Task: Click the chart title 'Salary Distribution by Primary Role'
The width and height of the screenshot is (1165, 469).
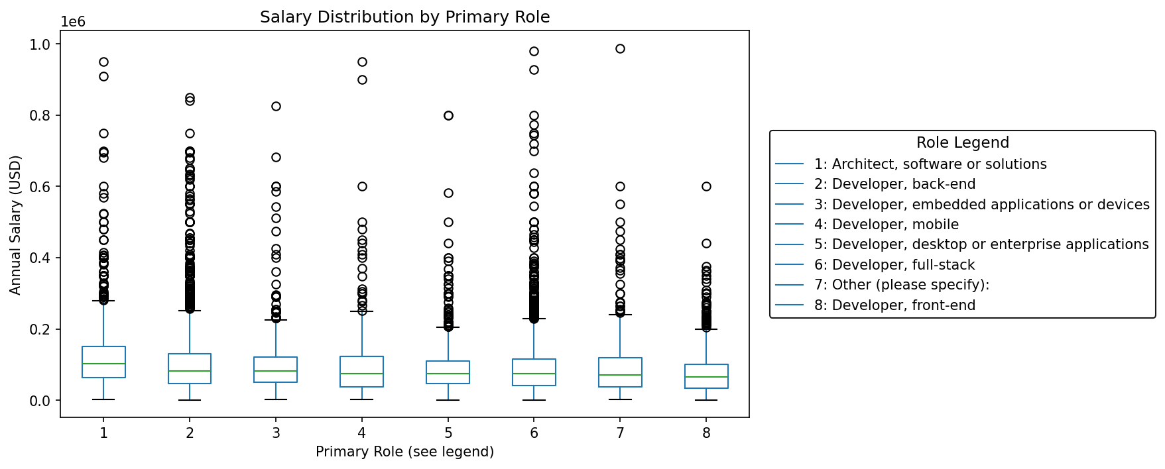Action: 404,17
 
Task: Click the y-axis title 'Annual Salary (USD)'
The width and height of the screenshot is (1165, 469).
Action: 16,225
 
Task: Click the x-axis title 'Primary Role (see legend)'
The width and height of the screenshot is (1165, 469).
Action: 404,452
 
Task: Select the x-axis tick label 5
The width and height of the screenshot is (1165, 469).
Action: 448,433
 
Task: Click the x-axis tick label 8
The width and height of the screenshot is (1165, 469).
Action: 706,433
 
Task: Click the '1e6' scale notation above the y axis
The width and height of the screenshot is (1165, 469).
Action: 73,22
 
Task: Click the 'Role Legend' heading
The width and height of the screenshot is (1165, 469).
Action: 962,143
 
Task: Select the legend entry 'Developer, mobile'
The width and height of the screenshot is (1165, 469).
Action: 886,225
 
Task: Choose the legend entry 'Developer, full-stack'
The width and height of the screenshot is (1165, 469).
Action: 894,265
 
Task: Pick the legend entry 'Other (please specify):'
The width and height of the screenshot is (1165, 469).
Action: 901,285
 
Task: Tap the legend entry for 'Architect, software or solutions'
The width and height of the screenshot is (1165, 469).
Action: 930,164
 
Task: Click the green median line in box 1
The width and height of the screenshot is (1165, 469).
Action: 103,364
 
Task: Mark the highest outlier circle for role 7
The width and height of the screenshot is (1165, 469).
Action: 620,48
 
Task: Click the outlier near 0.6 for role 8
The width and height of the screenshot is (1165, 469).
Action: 706,186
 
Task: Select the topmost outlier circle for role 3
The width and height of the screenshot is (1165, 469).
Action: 276,106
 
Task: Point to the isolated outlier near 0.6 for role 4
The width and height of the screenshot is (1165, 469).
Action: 362,186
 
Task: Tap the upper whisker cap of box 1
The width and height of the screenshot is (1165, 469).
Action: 103,301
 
